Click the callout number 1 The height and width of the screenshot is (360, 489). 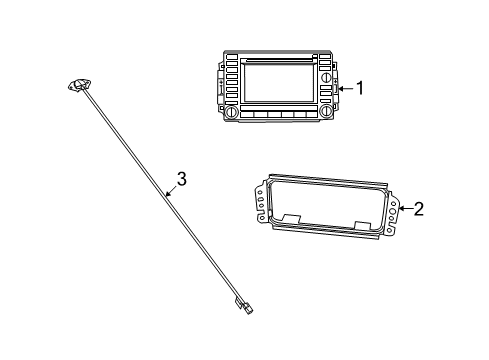[x=360, y=88]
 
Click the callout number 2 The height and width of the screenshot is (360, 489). [x=419, y=208]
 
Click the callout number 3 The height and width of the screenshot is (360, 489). [x=181, y=180]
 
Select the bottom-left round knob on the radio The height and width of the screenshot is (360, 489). [x=233, y=115]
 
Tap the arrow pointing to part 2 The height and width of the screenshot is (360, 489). [x=402, y=209]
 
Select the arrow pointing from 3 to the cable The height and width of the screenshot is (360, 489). [x=171, y=192]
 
